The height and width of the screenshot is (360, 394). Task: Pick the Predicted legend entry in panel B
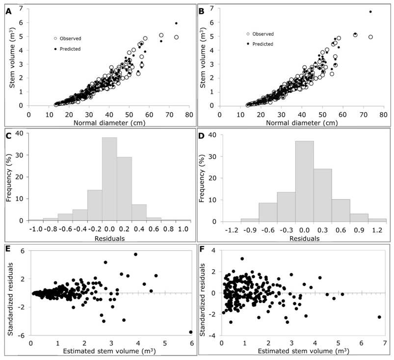262,44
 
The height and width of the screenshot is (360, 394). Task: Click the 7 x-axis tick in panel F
384,344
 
